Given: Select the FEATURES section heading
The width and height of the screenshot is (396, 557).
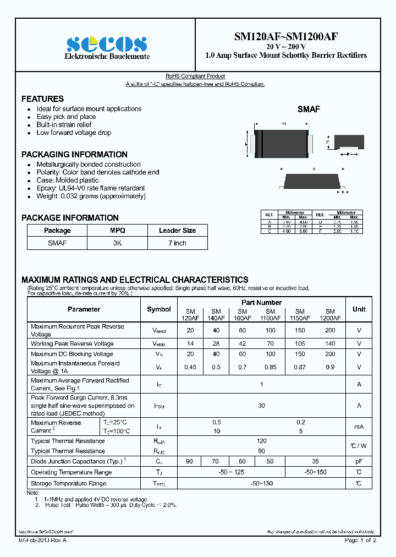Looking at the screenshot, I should [42, 99].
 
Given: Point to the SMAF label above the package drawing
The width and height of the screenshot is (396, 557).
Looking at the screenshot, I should [309, 110].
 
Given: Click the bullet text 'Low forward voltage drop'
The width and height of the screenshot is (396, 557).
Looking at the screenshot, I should [74, 133].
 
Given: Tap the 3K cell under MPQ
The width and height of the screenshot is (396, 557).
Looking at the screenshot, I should [117, 243].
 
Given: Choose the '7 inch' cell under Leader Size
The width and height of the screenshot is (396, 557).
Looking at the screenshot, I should [177, 243].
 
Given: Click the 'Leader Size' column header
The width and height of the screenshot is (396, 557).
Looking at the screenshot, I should [177, 231].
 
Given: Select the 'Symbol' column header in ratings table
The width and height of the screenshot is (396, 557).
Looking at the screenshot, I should [159, 309].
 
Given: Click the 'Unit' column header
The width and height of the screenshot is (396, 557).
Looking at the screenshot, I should [359, 309].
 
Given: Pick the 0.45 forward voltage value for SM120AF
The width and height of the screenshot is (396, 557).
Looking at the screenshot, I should [190, 367].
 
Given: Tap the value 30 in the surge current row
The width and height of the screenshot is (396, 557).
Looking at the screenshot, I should [261, 406].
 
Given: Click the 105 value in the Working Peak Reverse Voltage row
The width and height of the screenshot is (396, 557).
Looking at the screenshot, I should [300, 343].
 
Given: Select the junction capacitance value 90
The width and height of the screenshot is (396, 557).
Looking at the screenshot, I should [190, 461].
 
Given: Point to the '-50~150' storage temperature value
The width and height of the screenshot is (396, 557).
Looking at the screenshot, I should [261, 483].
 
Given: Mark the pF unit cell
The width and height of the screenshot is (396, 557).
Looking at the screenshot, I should [359, 461].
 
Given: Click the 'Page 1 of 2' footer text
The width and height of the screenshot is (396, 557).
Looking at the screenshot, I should [360, 540].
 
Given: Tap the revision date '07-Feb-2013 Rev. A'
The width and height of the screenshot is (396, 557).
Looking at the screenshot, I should [47, 540].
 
